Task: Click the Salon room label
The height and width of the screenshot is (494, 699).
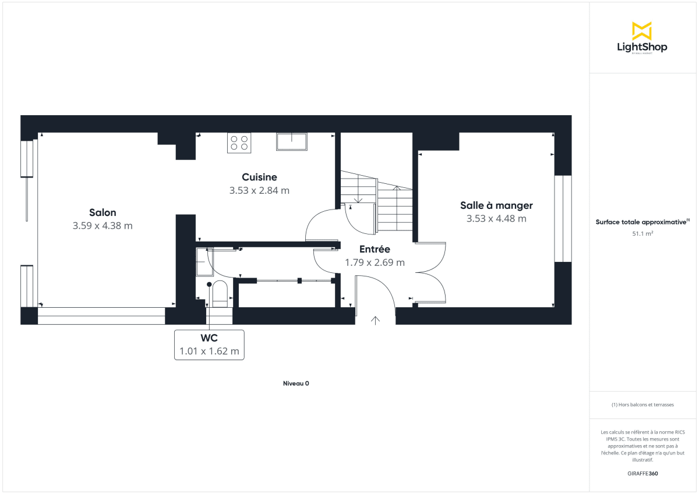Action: click(x=103, y=212)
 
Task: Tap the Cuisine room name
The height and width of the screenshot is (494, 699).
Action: click(x=259, y=177)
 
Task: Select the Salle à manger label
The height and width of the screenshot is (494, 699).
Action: click(x=496, y=205)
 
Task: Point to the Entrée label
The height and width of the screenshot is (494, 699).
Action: click(x=375, y=249)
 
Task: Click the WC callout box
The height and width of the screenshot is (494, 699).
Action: click(x=210, y=345)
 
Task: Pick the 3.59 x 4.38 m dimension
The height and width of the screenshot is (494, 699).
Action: click(x=103, y=226)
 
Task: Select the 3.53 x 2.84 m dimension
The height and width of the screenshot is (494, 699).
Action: click(x=259, y=190)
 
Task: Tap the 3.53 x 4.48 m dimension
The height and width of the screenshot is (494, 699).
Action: click(x=496, y=219)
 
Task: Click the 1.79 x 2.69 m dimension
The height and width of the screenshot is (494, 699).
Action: click(x=375, y=262)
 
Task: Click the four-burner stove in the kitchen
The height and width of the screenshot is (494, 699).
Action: click(x=239, y=143)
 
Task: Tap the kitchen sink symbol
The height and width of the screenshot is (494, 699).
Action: click(x=291, y=141)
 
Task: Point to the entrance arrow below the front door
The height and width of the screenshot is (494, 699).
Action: click(x=376, y=319)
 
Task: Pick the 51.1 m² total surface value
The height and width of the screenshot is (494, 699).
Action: click(x=642, y=233)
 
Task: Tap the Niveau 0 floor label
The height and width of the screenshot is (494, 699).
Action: click(x=296, y=383)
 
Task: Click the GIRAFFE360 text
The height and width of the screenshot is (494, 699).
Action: click(x=642, y=474)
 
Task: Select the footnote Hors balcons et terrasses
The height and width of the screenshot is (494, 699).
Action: click(x=642, y=404)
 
